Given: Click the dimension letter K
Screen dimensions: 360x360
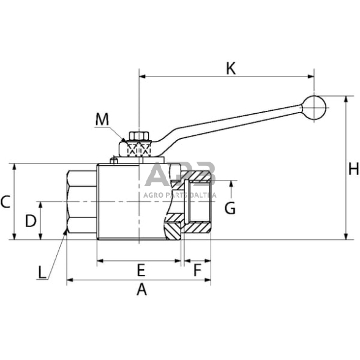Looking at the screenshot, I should click(231, 67).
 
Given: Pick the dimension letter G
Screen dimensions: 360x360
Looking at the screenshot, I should click(230, 208).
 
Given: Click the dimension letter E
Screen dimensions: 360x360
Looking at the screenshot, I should click(140, 269).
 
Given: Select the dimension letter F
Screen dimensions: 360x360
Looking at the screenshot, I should click(197, 269).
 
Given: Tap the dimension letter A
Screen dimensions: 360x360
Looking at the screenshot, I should click(141, 290).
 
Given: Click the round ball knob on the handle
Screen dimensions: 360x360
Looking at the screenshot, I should click(314, 107).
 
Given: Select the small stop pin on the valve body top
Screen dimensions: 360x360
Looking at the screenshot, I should click(114, 161).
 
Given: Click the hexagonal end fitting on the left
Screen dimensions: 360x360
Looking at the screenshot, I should click(81, 201).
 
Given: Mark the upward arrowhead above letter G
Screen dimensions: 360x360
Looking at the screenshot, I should click(230, 183).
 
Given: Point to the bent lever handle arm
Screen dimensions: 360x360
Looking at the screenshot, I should click(233, 123).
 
